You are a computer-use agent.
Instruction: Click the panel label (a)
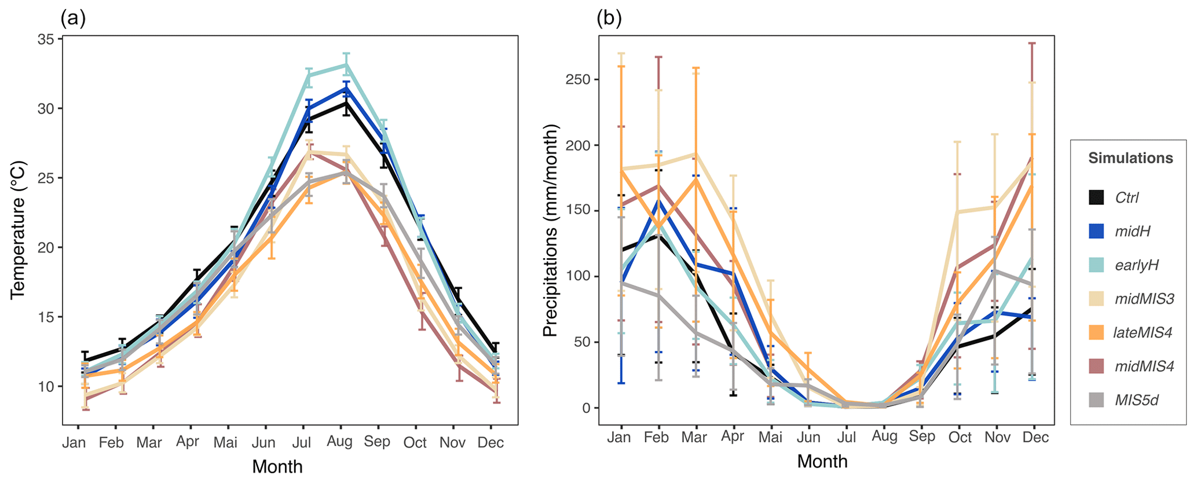tap(73, 19)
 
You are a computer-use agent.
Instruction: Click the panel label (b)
tap(609, 19)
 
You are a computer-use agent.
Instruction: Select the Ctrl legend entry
tap(1126, 197)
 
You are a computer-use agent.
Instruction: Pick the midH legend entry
tap(1132, 232)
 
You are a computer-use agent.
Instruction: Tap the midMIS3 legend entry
tap(1144, 299)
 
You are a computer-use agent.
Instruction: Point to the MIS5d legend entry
tap(1136, 400)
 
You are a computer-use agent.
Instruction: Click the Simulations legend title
tap(1130, 158)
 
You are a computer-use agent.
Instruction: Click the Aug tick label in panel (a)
tap(339, 442)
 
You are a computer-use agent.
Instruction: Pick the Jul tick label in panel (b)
tap(847, 437)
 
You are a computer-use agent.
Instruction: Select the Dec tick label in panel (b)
tap(1035, 437)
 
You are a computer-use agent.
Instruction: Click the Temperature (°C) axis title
tap(18, 230)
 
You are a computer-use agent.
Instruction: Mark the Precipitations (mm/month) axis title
tap(550, 230)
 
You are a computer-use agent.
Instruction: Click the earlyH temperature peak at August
tap(346, 65)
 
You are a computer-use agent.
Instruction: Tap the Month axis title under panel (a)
tap(277, 467)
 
